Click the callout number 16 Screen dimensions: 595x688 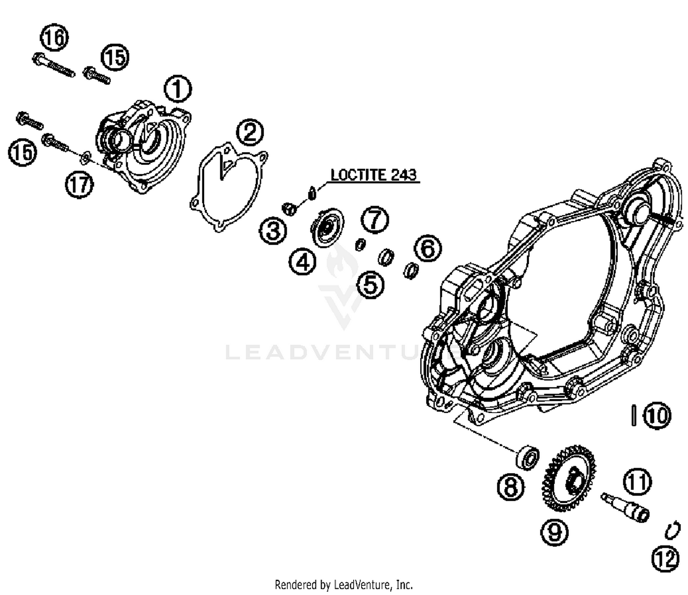55,37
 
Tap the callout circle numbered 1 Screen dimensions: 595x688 178,89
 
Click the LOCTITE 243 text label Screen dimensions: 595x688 373,175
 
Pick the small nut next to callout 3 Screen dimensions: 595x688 289,209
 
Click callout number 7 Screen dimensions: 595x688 375,219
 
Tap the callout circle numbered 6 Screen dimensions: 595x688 427,249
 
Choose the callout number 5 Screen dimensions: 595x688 370,284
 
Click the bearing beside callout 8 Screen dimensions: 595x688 527,457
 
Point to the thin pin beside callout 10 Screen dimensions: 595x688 633,415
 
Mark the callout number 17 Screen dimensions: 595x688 79,185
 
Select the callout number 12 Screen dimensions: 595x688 665,559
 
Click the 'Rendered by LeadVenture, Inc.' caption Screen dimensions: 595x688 344,584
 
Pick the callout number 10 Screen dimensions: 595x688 656,415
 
